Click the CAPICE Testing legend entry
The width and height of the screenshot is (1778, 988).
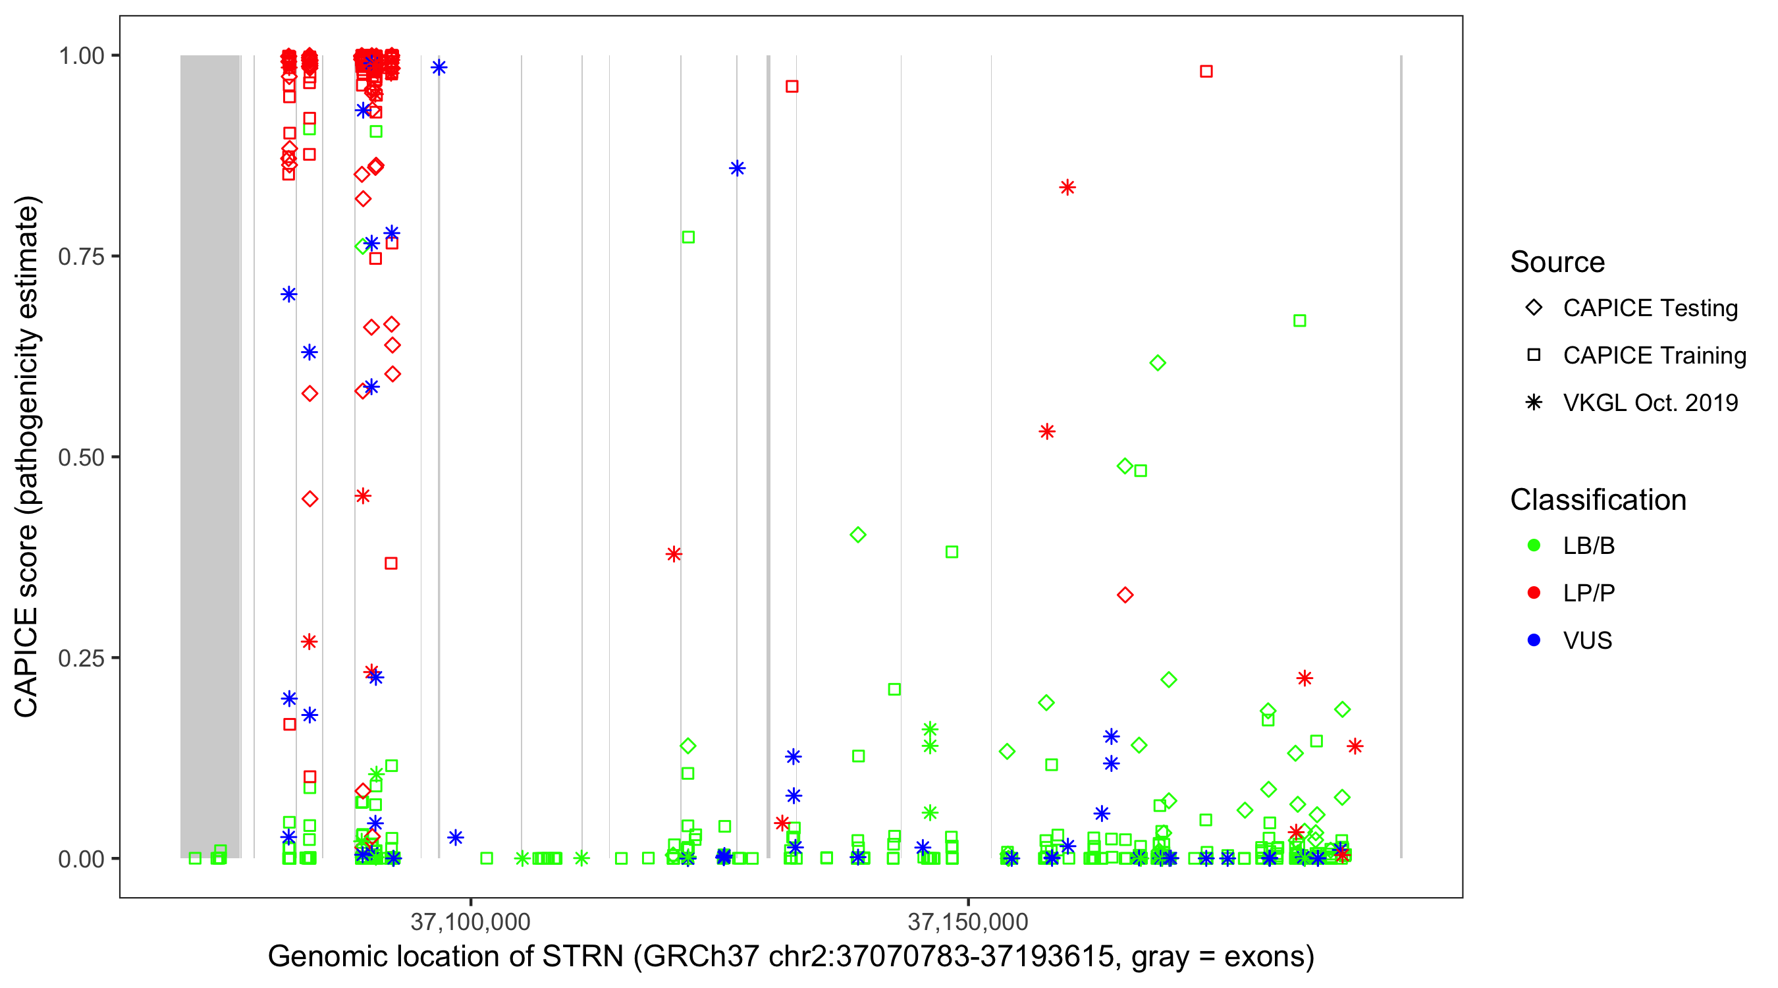[1650, 308]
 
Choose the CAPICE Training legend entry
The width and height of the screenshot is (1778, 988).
[1654, 356]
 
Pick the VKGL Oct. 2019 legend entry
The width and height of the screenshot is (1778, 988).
[1650, 402]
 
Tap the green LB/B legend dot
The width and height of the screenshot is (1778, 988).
[1534, 545]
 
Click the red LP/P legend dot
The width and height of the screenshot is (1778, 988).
[1534, 593]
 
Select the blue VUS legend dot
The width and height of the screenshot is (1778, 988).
[1534, 640]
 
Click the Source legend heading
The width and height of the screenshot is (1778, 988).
[1557, 262]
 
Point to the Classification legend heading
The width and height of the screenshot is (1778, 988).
[1598, 500]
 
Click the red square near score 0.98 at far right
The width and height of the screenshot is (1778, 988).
[1206, 71]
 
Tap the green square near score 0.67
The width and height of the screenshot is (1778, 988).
[1299, 320]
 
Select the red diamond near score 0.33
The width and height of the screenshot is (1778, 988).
[1125, 595]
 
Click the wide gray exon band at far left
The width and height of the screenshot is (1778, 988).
[210, 456]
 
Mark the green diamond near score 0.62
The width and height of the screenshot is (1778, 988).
[1158, 362]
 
